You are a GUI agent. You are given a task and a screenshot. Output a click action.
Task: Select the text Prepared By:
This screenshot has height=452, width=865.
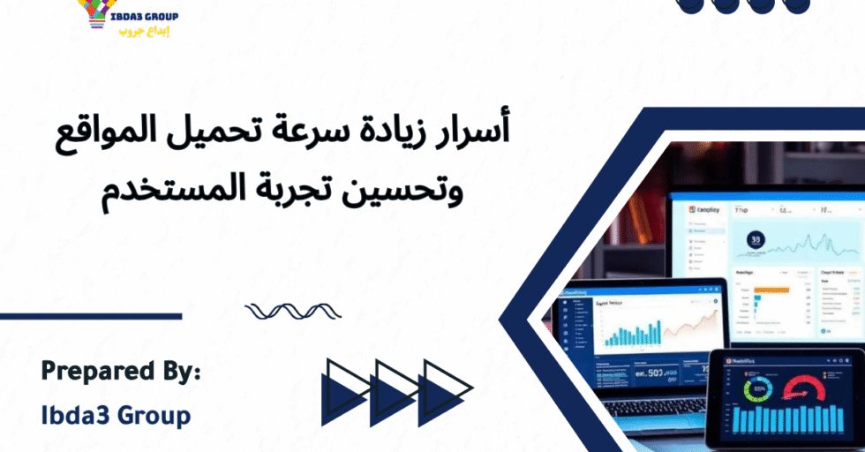(121, 372)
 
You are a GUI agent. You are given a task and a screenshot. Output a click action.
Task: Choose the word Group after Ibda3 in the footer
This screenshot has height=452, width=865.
(158, 414)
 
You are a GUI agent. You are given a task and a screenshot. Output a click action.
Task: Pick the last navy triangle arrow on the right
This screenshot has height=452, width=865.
(443, 389)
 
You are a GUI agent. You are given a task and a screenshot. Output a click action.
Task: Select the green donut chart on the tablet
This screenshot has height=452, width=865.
(757, 390)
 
